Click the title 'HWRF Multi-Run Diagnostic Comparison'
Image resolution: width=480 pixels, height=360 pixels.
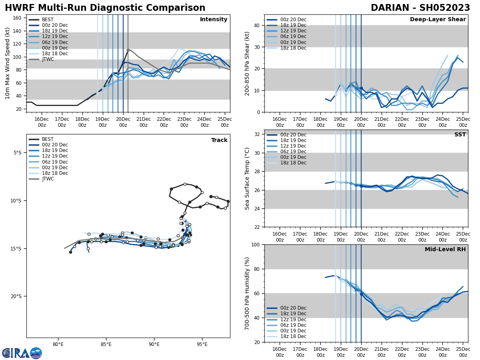pos(105,8)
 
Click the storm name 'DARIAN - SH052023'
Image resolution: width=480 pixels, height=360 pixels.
pos(420,8)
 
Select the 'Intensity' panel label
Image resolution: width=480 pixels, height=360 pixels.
pos(214,20)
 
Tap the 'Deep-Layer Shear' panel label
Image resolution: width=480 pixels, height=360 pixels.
pos(438,20)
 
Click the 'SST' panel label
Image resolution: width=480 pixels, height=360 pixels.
pos(460,135)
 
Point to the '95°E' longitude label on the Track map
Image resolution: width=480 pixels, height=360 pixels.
pos(202,344)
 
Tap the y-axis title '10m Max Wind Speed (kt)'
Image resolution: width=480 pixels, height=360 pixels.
pos(8,63)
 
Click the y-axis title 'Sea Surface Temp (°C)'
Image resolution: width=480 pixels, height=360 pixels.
pos(247,178)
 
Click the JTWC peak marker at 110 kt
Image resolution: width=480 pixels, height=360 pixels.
pos(128,50)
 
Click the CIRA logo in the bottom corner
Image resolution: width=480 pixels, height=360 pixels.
pos(22,353)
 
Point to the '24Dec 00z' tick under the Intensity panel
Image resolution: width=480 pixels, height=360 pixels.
pos(204,122)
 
